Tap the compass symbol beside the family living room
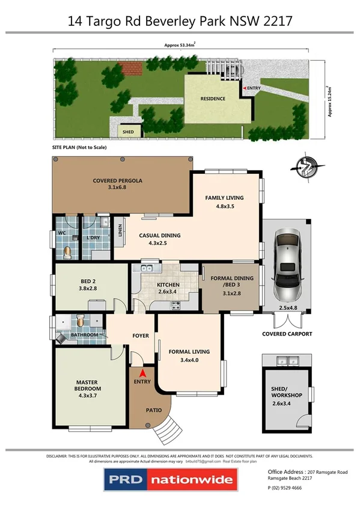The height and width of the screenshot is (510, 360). pos(307,168)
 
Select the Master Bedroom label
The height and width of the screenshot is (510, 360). pos(87,385)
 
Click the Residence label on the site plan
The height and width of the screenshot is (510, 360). pos(213,99)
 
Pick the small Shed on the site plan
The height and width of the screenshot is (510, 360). pos(127,131)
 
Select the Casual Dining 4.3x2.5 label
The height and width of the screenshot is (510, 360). pos(160,239)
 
